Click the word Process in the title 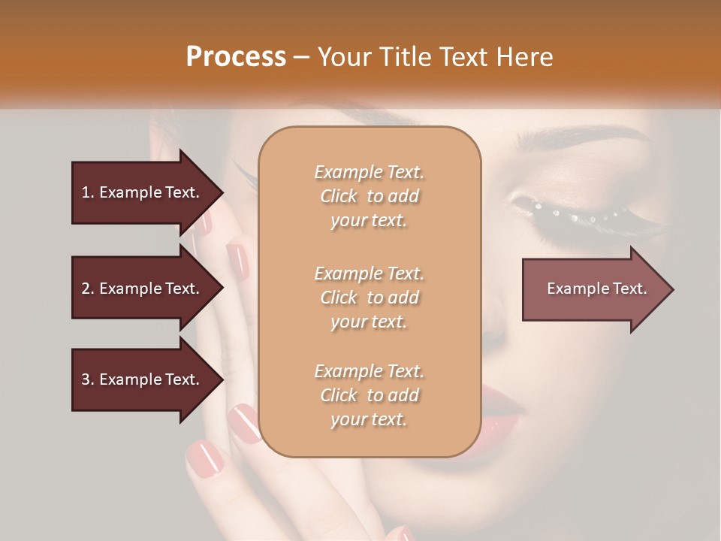236,57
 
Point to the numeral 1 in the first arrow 86,192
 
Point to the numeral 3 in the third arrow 86,379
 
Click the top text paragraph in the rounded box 369,196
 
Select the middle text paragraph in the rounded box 369,297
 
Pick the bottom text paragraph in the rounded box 369,395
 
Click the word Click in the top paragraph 339,196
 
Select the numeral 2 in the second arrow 86,289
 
